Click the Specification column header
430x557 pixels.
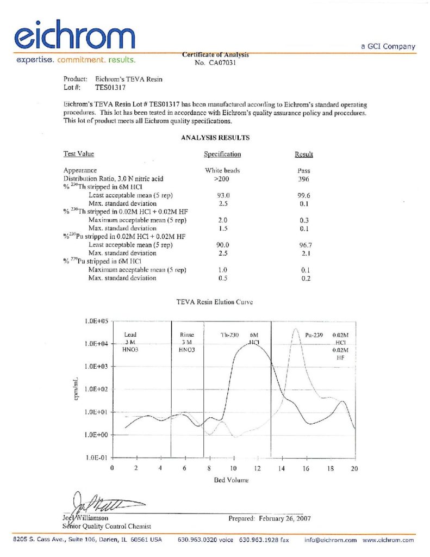click(222, 154)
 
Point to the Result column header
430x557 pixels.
click(304, 154)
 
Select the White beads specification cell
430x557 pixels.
click(222, 170)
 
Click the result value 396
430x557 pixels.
click(304, 178)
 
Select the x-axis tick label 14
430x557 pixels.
click(282, 468)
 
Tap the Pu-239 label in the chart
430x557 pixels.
click(315, 336)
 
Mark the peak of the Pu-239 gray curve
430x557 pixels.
click(296, 329)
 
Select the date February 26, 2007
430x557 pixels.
click(283, 518)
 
